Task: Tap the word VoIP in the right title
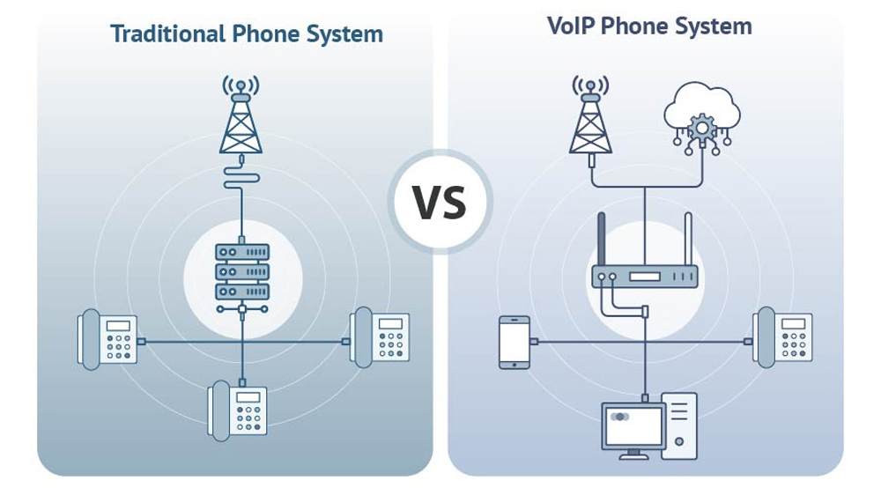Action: tap(570, 26)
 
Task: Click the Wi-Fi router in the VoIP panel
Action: tap(644, 277)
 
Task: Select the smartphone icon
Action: tap(513, 342)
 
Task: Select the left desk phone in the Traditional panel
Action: tap(107, 338)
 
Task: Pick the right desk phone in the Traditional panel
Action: tap(379, 335)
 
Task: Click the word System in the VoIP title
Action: tap(714, 26)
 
